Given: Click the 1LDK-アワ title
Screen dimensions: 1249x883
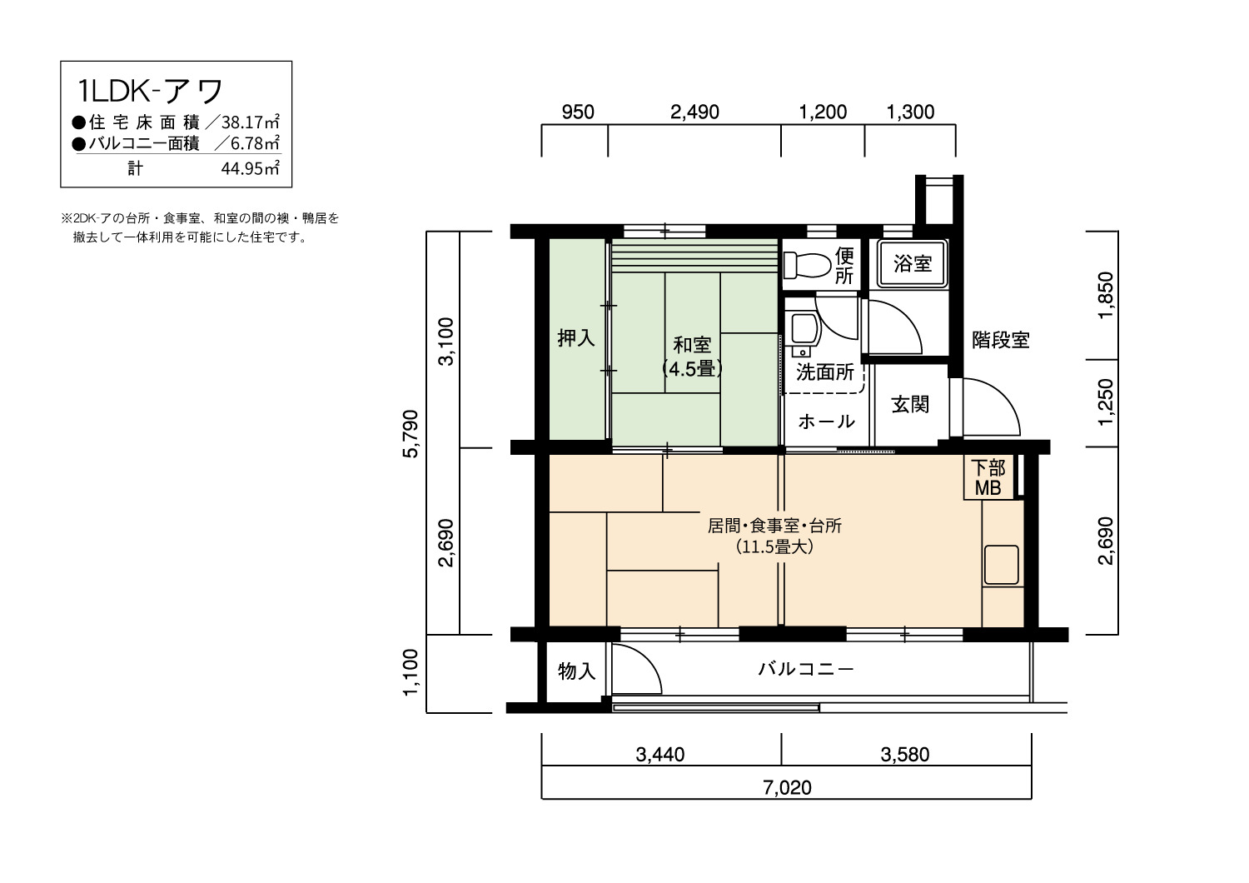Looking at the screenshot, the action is [x=150, y=91].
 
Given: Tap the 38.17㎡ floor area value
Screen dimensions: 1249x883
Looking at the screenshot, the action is [x=251, y=122].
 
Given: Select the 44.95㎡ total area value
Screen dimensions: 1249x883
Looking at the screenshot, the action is [x=250, y=168].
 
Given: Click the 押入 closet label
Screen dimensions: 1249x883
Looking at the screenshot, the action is [x=576, y=338].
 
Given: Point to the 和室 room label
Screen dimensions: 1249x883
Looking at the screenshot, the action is [x=692, y=345].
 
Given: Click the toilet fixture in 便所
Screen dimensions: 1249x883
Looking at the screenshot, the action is [x=807, y=264].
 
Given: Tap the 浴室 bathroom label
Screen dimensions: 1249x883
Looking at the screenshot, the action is [x=913, y=263].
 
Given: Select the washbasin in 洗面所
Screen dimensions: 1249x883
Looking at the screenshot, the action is [x=802, y=333].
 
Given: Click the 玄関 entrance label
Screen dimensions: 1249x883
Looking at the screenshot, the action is [x=910, y=404].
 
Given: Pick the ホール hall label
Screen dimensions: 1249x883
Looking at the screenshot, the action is [x=826, y=422].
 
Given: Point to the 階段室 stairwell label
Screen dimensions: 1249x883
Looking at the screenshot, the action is [x=1000, y=340].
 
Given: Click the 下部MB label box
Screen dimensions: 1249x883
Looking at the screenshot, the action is [x=988, y=477].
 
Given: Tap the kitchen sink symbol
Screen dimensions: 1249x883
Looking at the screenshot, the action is [x=1002, y=565].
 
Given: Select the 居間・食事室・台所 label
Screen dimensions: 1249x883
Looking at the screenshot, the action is [x=774, y=526].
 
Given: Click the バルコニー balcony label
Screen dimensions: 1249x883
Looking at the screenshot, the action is [x=806, y=669].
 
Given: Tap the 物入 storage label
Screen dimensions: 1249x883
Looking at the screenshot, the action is [x=576, y=671].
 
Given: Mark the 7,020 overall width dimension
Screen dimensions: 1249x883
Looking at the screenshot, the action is [x=787, y=787].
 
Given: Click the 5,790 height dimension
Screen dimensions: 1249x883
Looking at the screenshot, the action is [x=411, y=433].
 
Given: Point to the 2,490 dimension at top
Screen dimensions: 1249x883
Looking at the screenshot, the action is [x=694, y=112].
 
